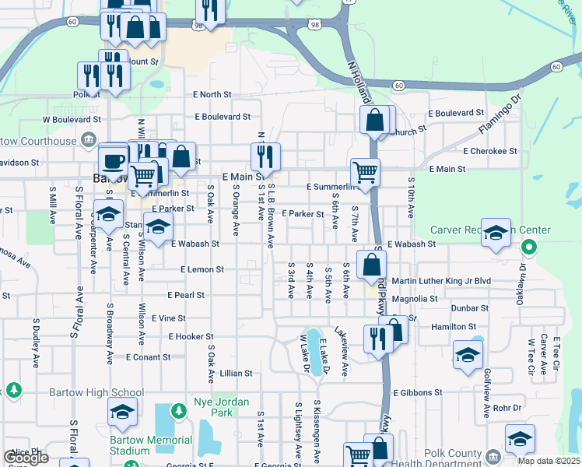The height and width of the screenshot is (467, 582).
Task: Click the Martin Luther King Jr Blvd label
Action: click(441, 281)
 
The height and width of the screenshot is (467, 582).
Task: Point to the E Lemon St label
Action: click(202, 269)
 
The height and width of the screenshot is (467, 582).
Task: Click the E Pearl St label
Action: click(186, 295)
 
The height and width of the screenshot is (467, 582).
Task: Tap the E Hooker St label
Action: click(185, 336)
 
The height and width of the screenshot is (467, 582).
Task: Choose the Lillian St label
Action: click(237, 373)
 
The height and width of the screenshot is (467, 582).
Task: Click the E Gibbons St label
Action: click(417, 393)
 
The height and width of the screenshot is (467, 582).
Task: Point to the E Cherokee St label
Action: click(489, 151)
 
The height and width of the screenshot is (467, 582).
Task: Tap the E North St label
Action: click(212, 94)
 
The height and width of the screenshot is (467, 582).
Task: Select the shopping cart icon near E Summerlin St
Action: click(364, 171)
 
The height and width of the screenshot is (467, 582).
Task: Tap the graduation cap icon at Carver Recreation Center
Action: click(496, 233)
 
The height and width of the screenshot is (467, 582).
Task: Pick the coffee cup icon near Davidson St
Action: click(114, 159)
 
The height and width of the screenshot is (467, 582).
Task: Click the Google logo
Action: click(26, 458)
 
